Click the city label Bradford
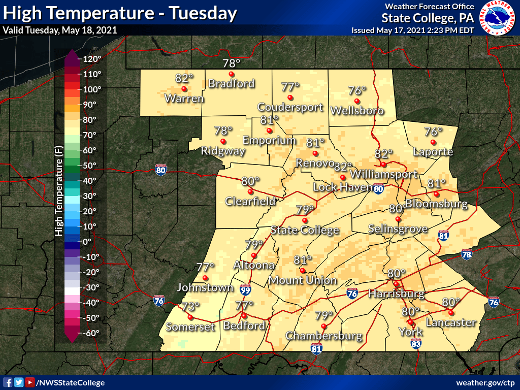click(231, 84)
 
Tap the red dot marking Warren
click(184, 88)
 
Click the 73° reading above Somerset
click(191, 306)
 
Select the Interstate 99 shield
click(245, 290)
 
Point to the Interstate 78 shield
click(467, 254)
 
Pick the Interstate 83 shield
click(415, 345)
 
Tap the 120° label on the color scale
click(92, 59)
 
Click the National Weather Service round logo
click(499, 18)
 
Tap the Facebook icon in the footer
click(8, 382)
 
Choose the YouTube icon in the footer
click(30, 382)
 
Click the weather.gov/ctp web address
click(485, 382)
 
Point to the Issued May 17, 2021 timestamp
click(412, 30)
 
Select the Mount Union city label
click(303, 280)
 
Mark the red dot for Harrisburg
click(396, 283)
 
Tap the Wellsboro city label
click(356, 110)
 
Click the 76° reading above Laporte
click(433, 131)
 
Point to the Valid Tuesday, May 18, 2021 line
click(60, 30)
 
